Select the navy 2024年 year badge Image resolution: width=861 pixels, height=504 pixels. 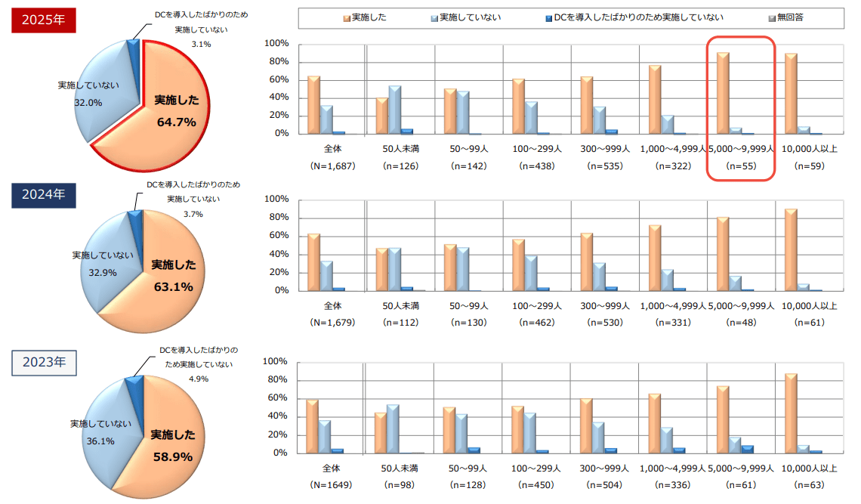[x=44, y=195]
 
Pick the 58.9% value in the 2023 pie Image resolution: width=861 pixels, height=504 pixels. [x=172, y=457]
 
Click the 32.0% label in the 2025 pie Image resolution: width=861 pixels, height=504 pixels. [x=88, y=103]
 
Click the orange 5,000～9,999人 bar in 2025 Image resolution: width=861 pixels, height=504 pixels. [x=723, y=93]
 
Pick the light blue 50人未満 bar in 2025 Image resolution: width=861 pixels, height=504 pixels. [x=394, y=110]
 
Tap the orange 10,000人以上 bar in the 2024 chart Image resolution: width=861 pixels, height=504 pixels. [x=791, y=249]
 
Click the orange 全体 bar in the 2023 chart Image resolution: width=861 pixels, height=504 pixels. [x=313, y=426]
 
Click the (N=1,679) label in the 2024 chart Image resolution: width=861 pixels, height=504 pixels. [x=332, y=323]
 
